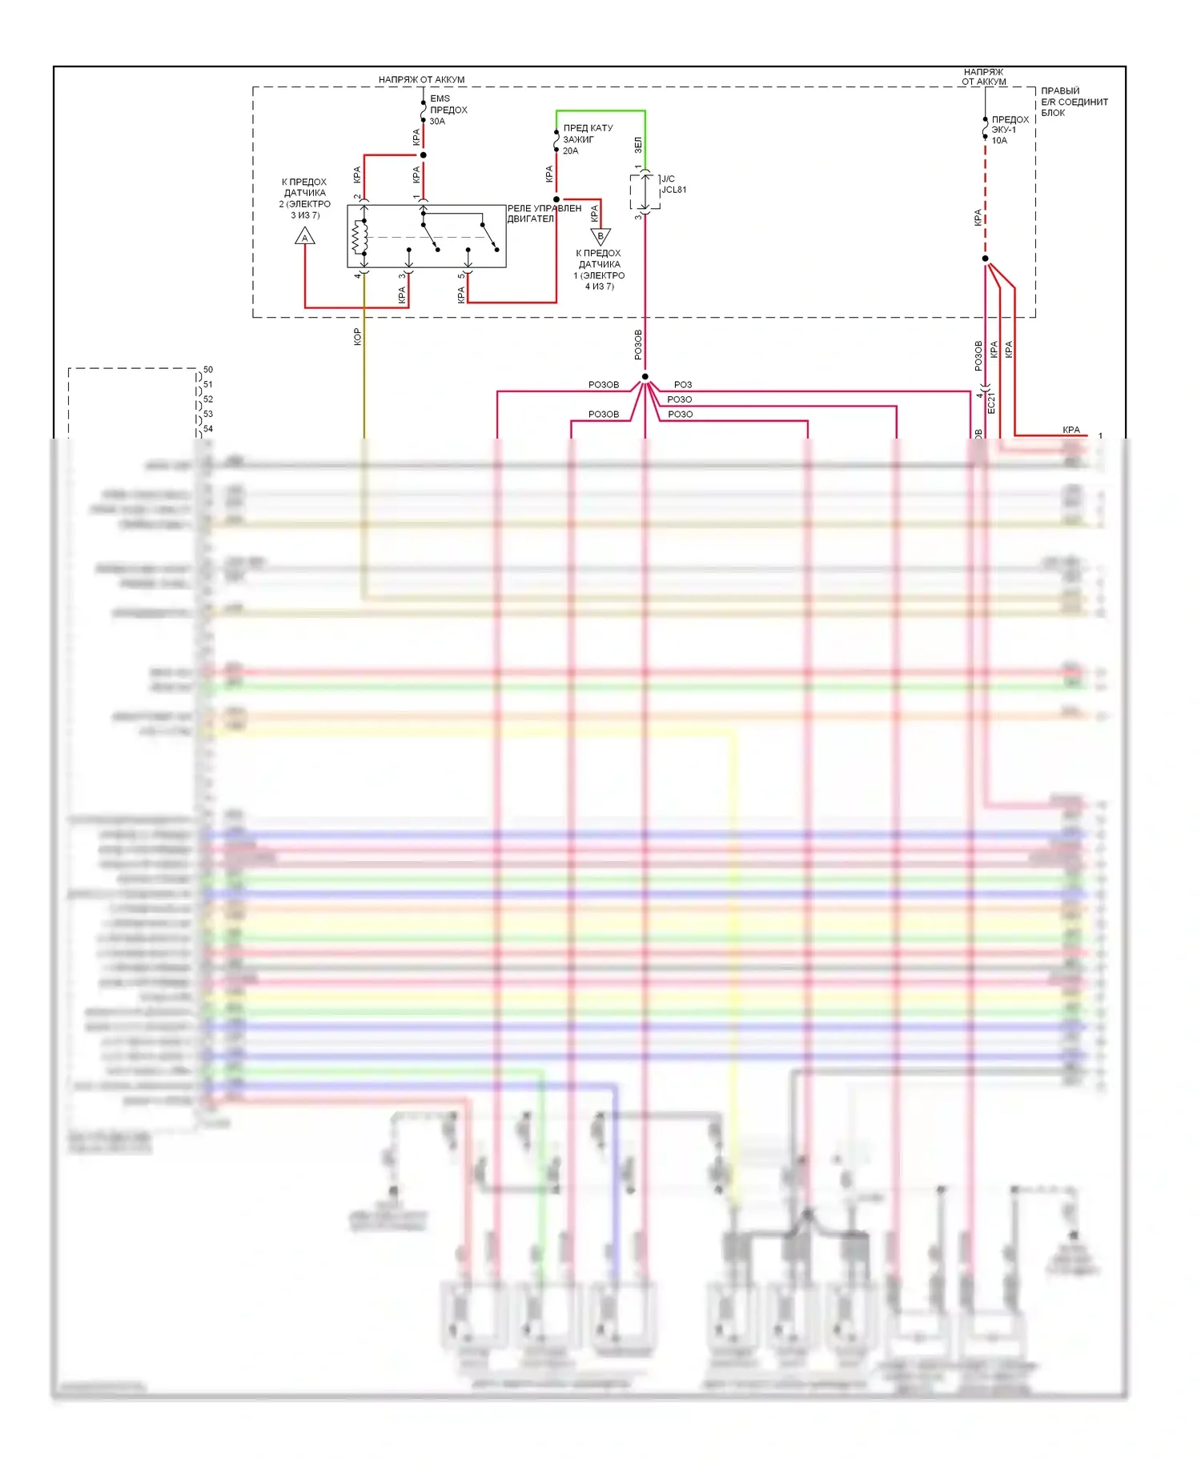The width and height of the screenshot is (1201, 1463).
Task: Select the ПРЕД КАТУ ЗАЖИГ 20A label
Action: [x=587, y=139]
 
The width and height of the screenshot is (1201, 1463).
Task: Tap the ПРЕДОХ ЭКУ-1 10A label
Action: [x=1009, y=130]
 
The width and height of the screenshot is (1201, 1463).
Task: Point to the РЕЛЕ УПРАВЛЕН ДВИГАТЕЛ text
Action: [x=544, y=214]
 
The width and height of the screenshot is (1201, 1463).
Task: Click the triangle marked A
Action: [x=305, y=237]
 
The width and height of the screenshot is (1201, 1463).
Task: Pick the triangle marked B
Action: [x=600, y=236]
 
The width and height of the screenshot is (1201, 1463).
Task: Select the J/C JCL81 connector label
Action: [x=673, y=185]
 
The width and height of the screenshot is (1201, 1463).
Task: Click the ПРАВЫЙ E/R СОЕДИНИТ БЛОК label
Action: [x=1073, y=102]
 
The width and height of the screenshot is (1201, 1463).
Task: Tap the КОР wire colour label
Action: [x=357, y=337]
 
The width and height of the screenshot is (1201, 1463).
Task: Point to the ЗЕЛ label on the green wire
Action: [x=637, y=145]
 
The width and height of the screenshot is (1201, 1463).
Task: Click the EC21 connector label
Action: [x=991, y=403]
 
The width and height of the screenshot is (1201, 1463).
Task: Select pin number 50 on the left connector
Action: [x=208, y=370]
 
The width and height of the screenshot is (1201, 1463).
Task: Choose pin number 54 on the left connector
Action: [x=208, y=429]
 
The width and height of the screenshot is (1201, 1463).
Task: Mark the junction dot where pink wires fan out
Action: [x=645, y=377]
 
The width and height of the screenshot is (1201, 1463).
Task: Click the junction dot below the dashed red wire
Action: [x=985, y=259]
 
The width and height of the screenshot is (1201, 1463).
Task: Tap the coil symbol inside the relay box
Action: [x=359, y=236]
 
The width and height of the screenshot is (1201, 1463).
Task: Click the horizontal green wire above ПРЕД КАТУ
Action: [x=600, y=111]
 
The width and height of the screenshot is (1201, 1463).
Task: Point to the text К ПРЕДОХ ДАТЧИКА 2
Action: [x=304, y=198]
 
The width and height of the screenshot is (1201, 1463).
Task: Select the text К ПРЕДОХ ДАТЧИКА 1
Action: [x=599, y=270]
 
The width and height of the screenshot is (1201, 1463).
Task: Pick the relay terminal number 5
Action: [x=460, y=276]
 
